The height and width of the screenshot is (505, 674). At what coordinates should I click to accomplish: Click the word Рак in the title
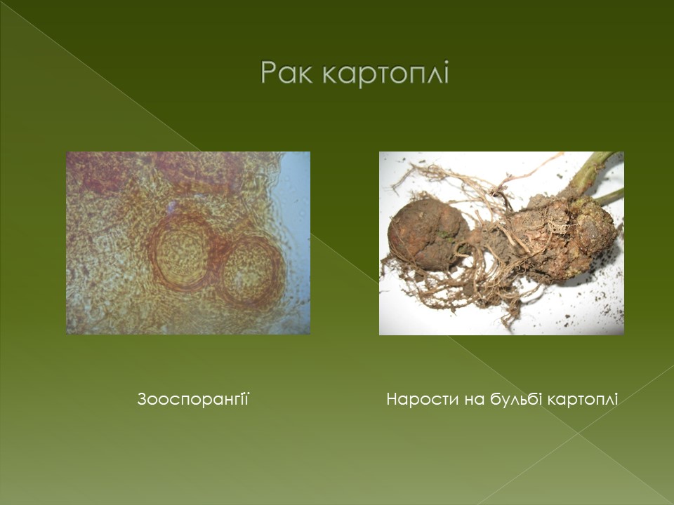[x=286, y=72]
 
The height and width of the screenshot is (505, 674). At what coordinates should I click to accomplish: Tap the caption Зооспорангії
[x=193, y=399]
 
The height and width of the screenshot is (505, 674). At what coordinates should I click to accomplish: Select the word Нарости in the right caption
[x=422, y=399]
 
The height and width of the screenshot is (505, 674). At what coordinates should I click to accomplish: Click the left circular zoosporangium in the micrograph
[x=180, y=251]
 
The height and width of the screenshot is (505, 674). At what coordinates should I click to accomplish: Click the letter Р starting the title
[x=269, y=72]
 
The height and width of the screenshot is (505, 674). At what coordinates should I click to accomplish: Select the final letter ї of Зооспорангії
[x=246, y=399]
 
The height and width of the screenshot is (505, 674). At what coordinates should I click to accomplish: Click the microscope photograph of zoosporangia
[x=188, y=243]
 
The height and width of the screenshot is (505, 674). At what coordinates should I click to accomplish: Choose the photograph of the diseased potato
[x=501, y=243]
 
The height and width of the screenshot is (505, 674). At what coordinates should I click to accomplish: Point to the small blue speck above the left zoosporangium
[x=173, y=207]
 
